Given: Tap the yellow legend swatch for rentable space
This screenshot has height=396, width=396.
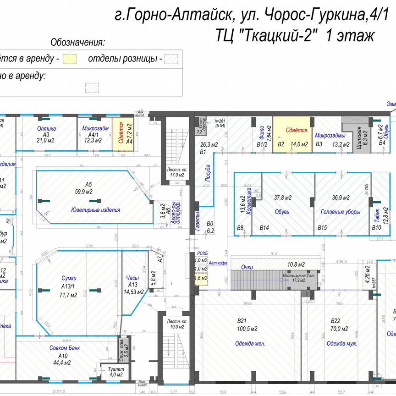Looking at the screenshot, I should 70,59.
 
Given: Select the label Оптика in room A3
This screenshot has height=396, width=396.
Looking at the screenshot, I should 46,129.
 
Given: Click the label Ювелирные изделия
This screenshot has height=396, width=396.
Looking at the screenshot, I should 96,210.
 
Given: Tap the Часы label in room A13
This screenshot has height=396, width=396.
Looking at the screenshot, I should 132,277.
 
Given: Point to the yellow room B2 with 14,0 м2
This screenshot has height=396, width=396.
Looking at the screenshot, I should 292,133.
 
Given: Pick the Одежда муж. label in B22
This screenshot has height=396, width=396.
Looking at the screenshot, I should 341,343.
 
